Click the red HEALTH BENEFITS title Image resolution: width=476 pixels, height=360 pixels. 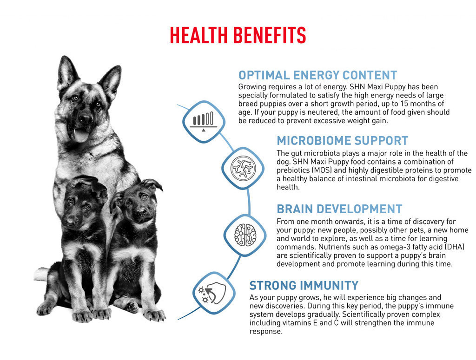(238, 35)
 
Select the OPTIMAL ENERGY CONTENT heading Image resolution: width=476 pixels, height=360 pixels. (317, 75)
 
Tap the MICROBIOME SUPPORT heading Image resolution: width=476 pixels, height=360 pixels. (343, 141)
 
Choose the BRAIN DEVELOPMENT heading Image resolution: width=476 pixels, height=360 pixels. (339, 209)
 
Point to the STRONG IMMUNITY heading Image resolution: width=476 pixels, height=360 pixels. (304, 285)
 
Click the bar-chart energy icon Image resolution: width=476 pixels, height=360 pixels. (204, 121)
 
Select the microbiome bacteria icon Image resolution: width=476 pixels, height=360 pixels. (243, 168)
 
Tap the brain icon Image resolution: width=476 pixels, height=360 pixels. (245, 235)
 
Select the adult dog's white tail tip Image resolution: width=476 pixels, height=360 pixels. (40, 274)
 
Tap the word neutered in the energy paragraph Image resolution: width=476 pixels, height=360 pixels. (324, 112)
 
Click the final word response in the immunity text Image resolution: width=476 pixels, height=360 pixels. (266, 332)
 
